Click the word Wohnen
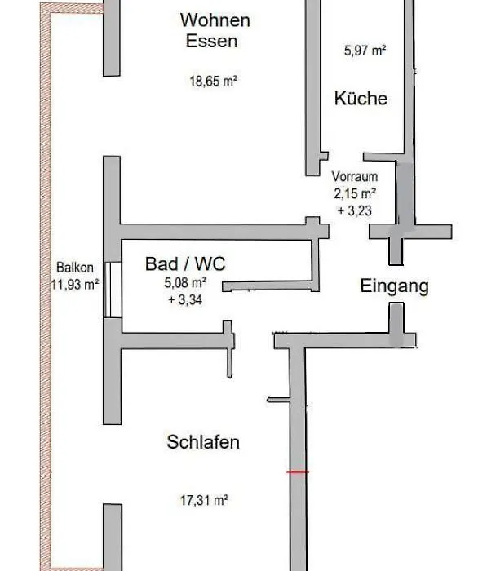215,20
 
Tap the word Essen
211,41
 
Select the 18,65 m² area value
214,81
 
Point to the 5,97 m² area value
365,51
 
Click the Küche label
361,99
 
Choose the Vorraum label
354,177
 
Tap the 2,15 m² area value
355,193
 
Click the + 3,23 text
355,210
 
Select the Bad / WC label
185,263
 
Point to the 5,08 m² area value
185,282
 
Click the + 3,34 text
185,299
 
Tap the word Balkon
75,268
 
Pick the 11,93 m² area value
75,284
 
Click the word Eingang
395,285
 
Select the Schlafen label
203,442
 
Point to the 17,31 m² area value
204,501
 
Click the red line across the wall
298,472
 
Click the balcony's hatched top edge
72,9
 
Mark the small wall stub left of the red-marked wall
279,400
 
